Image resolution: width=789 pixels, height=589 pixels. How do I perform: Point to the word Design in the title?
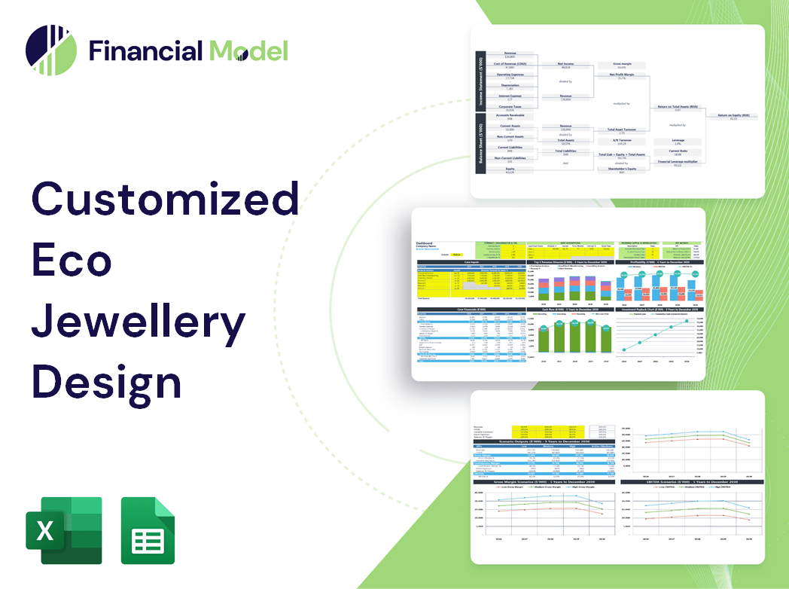106,380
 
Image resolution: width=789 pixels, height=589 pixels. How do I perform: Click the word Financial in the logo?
146,50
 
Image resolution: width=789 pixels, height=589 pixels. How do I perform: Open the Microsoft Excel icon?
63,530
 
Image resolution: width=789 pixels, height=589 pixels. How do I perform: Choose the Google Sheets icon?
148,530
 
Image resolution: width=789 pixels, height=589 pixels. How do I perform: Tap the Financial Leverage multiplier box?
677,163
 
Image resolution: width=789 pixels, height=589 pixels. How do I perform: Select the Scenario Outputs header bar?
543,441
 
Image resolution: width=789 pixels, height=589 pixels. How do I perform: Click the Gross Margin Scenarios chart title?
543,481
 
